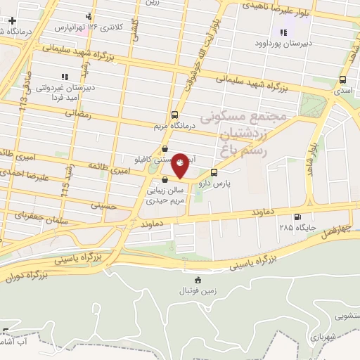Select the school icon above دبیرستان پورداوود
[284, 32]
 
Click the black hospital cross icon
[12, 20]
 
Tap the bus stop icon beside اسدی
[342, 80]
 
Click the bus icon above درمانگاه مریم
[174, 115]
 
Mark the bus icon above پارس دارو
[214, 172]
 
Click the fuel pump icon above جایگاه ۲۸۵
[298, 217]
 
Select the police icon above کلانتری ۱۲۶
[88, 16]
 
